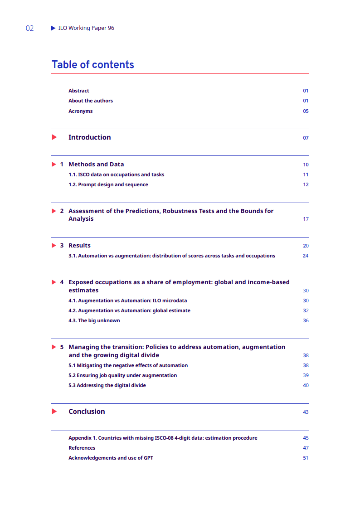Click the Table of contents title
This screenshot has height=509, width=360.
click(x=92, y=65)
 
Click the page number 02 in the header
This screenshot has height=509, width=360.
click(x=29, y=29)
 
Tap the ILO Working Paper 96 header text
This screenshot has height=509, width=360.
click(x=86, y=28)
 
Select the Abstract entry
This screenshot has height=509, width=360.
click(x=79, y=91)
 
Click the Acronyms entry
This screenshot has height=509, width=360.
click(x=80, y=111)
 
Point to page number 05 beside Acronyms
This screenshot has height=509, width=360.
click(x=306, y=111)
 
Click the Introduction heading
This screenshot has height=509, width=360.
click(x=89, y=137)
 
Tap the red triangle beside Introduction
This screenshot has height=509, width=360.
click(x=54, y=137)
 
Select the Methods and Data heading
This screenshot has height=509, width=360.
click(x=96, y=165)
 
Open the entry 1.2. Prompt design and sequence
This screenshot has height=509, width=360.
click(x=108, y=184)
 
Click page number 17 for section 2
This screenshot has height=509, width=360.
click(x=306, y=219)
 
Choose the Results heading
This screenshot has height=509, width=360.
click(x=79, y=246)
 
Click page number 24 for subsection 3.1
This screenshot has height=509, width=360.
click(x=306, y=256)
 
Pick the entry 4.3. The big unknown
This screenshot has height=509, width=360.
click(x=94, y=320)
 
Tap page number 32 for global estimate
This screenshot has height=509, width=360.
click(x=306, y=310)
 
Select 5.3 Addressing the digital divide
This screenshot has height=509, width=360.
click(x=107, y=385)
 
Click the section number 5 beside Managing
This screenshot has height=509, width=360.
click(x=62, y=347)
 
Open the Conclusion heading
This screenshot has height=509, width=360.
click(x=87, y=412)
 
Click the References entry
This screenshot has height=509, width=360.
click(x=82, y=448)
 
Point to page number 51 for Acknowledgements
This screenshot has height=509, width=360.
click(x=306, y=458)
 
